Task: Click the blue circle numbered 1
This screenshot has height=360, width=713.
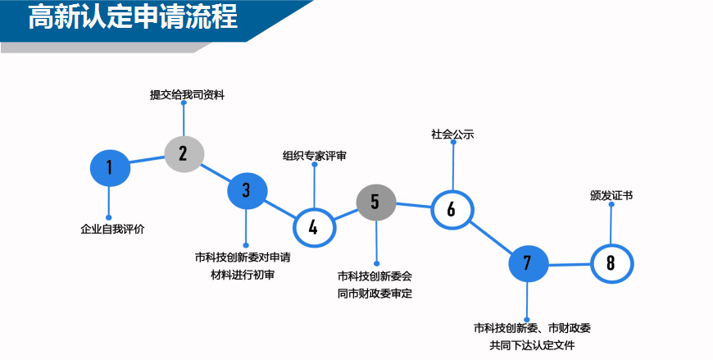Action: [109, 168]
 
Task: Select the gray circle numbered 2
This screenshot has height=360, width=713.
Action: [184, 153]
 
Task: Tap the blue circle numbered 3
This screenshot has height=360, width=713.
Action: [247, 190]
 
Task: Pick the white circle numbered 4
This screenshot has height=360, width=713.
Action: [314, 226]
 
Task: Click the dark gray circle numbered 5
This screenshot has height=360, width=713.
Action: [376, 202]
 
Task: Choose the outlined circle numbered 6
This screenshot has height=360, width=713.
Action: [452, 209]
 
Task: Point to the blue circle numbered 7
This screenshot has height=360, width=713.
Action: [527, 263]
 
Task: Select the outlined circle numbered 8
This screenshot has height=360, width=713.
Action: [611, 263]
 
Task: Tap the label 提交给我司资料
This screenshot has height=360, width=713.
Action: [187, 95]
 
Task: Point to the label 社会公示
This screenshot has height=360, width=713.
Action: [452, 134]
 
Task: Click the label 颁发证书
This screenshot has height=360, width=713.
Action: [611, 196]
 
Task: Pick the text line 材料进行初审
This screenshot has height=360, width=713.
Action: [243, 275]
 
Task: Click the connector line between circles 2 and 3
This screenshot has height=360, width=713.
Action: [216, 171]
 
